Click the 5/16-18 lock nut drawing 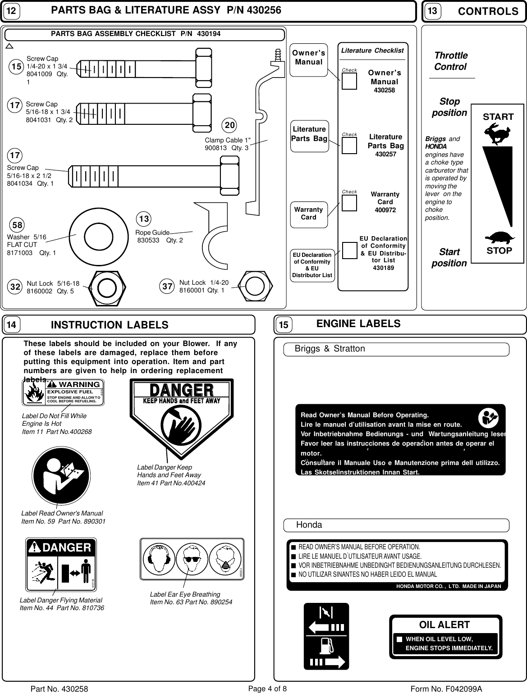tap(105, 287)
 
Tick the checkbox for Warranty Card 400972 tap(349, 202)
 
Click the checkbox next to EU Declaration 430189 tap(349, 251)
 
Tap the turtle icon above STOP tap(498, 237)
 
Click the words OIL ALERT tap(444, 625)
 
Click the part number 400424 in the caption tap(193, 483)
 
